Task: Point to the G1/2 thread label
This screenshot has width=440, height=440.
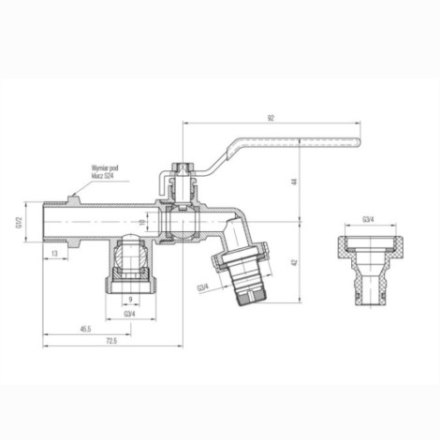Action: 17,223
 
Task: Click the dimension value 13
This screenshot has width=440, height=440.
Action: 56,254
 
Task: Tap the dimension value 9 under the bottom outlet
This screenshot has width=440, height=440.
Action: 129,300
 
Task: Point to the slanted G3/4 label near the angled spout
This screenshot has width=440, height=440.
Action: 202,287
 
